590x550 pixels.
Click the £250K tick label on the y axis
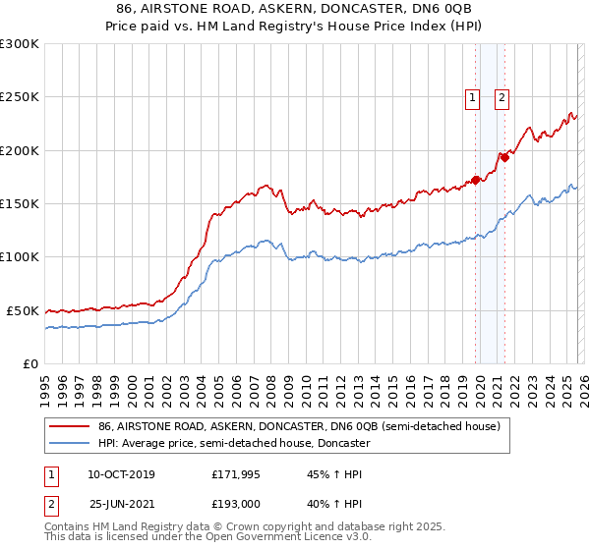[20, 97]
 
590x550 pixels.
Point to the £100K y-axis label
[20, 256]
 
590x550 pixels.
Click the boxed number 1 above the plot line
[473, 97]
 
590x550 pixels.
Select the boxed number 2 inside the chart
[501, 97]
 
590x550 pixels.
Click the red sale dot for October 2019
[475, 180]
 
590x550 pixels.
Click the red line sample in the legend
[70, 426]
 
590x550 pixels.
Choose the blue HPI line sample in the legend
[70, 443]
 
